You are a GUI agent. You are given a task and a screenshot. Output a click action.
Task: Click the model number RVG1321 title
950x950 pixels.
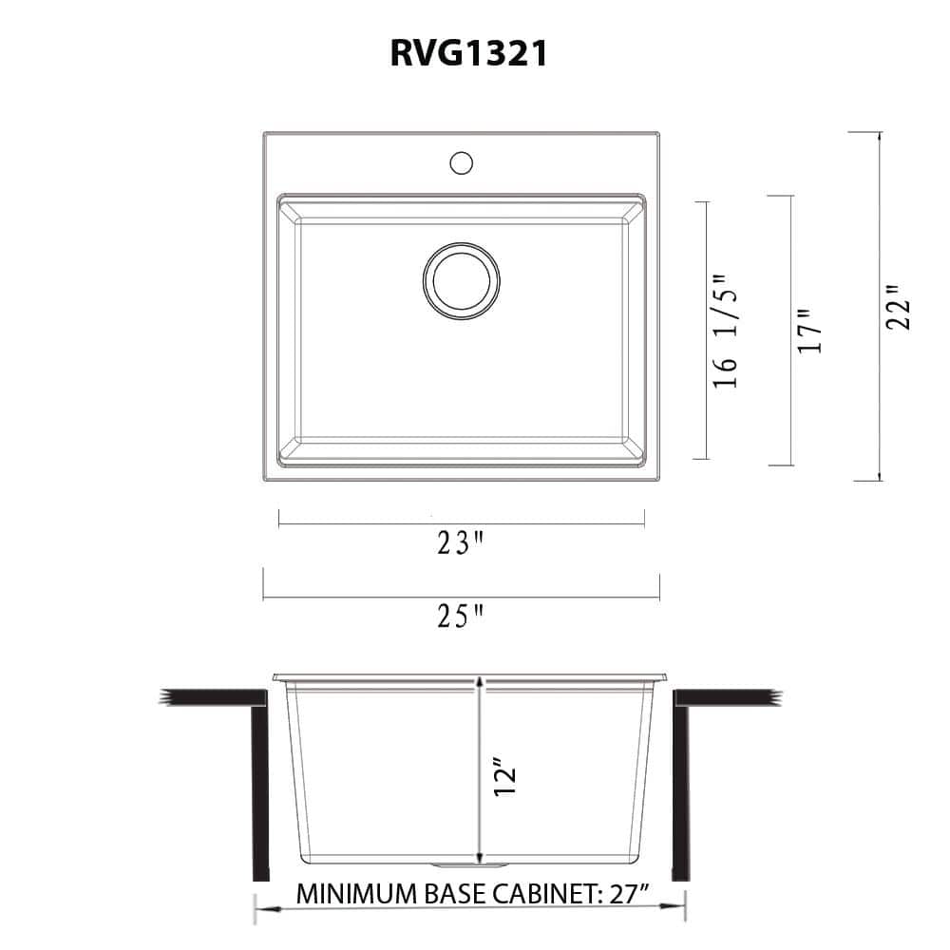[x=469, y=52]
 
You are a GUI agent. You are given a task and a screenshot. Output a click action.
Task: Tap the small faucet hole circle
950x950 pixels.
[x=461, y=162]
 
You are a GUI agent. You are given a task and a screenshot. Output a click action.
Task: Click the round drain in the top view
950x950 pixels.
[x=461, y=280]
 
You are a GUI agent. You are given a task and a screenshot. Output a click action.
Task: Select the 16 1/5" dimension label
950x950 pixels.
[x=725, y=331]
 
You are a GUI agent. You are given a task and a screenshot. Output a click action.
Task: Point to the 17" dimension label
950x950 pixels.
[x=809, y=331]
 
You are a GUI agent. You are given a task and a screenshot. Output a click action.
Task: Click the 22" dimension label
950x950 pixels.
[x=898, y=307]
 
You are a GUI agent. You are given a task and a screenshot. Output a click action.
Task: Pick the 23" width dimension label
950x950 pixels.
[x=461, y=542]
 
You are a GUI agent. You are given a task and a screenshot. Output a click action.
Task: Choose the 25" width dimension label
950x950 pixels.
[x=461, y=616]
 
